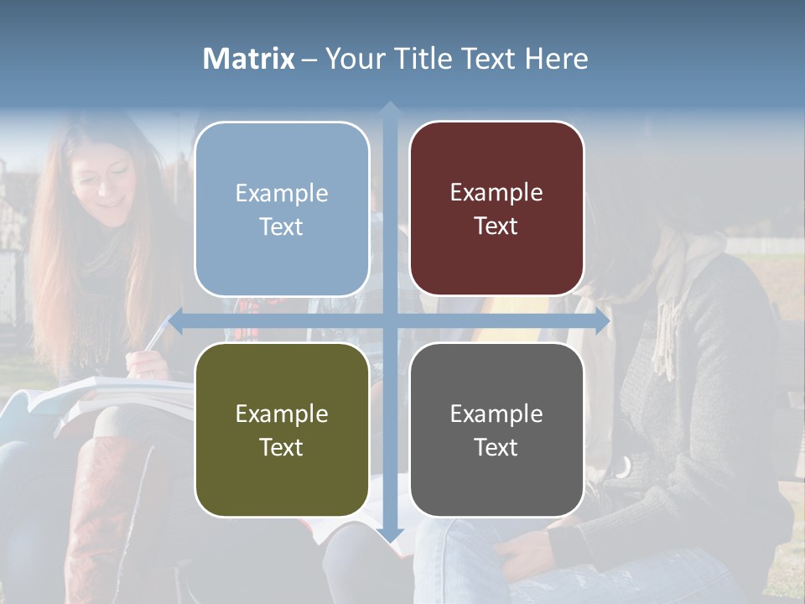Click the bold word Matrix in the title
tap(249, 59)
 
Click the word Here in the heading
tap(557, 59)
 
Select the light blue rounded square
tap(282, 209)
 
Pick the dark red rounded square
tap(496, 209)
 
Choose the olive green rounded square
tap(282, 430)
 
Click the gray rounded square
tap(496, 430)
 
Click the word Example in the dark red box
tap(496, 193)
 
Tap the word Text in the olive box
tap(282, 447)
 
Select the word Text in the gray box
tap(496, 447)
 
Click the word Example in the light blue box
tap(282, 193)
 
